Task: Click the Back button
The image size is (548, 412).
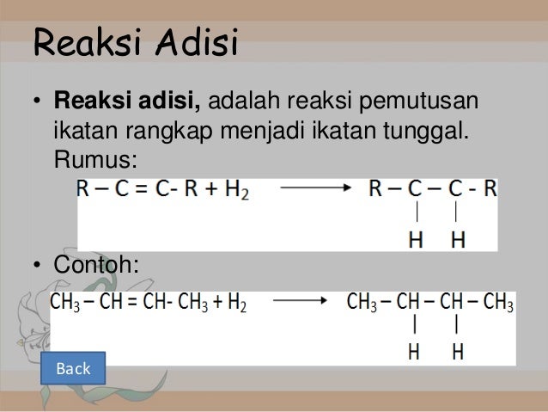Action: [73, 369]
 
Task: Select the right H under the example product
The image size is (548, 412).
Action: [457, 353]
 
